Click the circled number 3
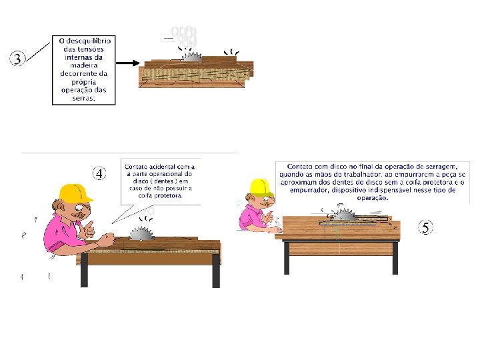[17, 58]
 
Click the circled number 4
[99, 173]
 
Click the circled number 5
[425, 227]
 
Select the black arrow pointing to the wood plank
[128, 63]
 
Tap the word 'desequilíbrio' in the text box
[89, 41]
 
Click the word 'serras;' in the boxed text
[83, 98]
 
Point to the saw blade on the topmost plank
[191, 57]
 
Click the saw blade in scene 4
[141, 233]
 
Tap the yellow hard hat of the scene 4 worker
[75, 193]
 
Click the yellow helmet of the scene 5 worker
[261, 187]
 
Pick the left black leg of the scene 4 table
[84, 270]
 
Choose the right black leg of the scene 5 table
[395, 258]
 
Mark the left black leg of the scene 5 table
[287, 258]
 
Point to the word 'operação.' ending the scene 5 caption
[372, 198]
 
